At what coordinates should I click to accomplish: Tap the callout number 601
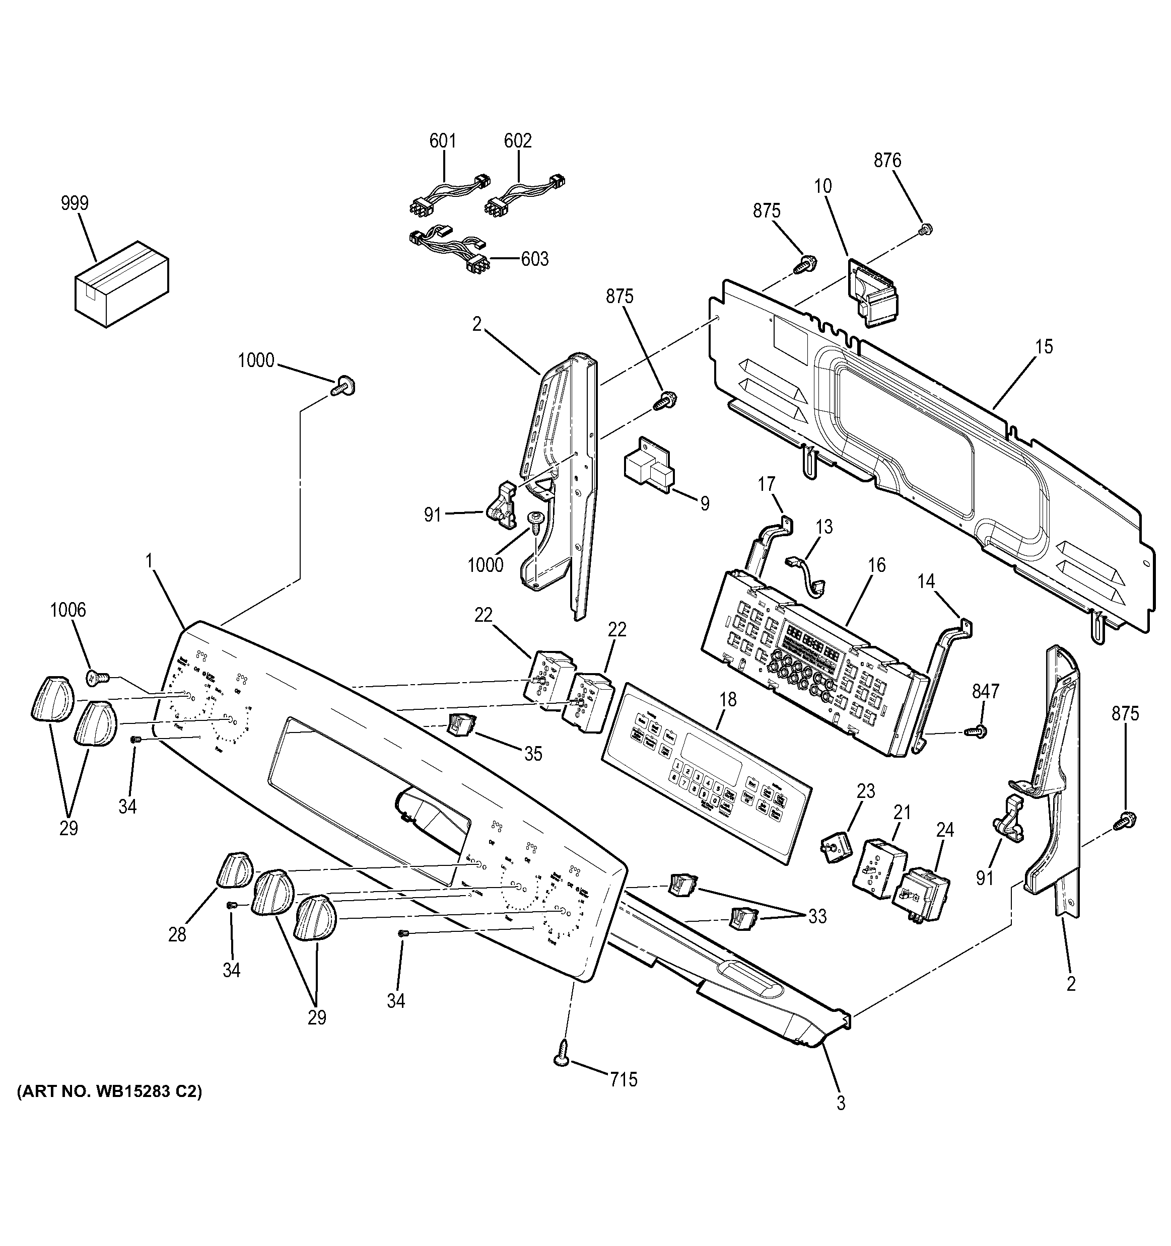tap(443, 141)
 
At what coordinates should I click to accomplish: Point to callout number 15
tap(1044, 346)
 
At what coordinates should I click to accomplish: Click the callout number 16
tap(877, 565)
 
